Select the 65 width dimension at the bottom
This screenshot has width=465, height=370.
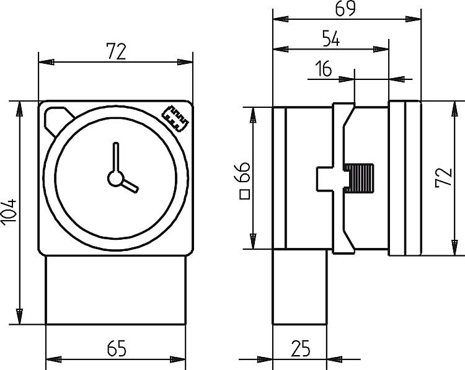click(116, 349)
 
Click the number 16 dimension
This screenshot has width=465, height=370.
click(324, 69)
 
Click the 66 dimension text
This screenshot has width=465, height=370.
click(244, 172)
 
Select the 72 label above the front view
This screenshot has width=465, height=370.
click(116, 51)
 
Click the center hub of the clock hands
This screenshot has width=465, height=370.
click(115, 178)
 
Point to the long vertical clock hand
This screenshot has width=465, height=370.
click(115, 158)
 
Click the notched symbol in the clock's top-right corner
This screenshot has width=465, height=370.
click(175, 117)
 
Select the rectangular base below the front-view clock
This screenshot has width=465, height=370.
click(116, 290)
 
